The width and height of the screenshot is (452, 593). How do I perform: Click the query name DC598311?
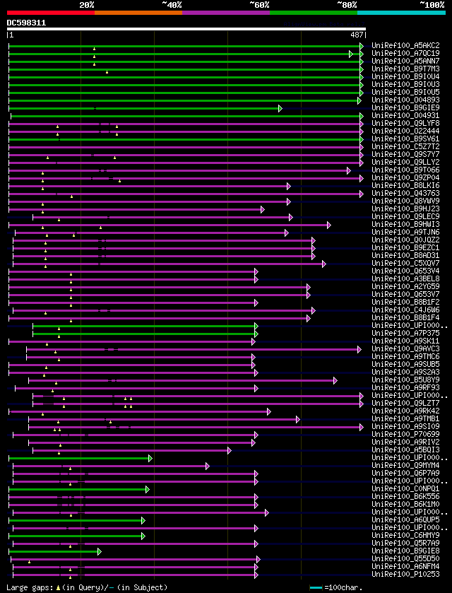point(26,23)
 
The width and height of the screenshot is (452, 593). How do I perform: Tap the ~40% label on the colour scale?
point(172,4)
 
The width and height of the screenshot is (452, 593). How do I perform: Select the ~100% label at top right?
point(432,4)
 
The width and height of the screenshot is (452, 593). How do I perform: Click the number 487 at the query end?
point(357,35)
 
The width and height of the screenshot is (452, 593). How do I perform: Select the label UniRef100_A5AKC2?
point(405,46)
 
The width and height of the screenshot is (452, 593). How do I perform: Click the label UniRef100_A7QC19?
point(405,54)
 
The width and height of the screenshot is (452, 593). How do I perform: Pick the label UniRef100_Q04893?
point(405,100)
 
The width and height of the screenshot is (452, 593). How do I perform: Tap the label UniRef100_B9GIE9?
point(405,108)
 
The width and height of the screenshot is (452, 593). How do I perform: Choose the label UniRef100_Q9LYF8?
point(405,124)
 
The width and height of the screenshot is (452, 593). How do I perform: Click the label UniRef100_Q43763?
point(405,194)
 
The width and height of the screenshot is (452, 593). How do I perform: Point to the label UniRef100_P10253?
point(405,575)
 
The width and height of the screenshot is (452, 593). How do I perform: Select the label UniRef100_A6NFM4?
point(405,567)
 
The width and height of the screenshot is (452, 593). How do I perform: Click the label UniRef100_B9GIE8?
point(405,551)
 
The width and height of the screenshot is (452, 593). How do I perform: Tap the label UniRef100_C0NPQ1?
point(405,489)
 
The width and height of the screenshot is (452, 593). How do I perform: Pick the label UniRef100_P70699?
point(405,435)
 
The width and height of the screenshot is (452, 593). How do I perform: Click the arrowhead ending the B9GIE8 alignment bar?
point(100,551)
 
